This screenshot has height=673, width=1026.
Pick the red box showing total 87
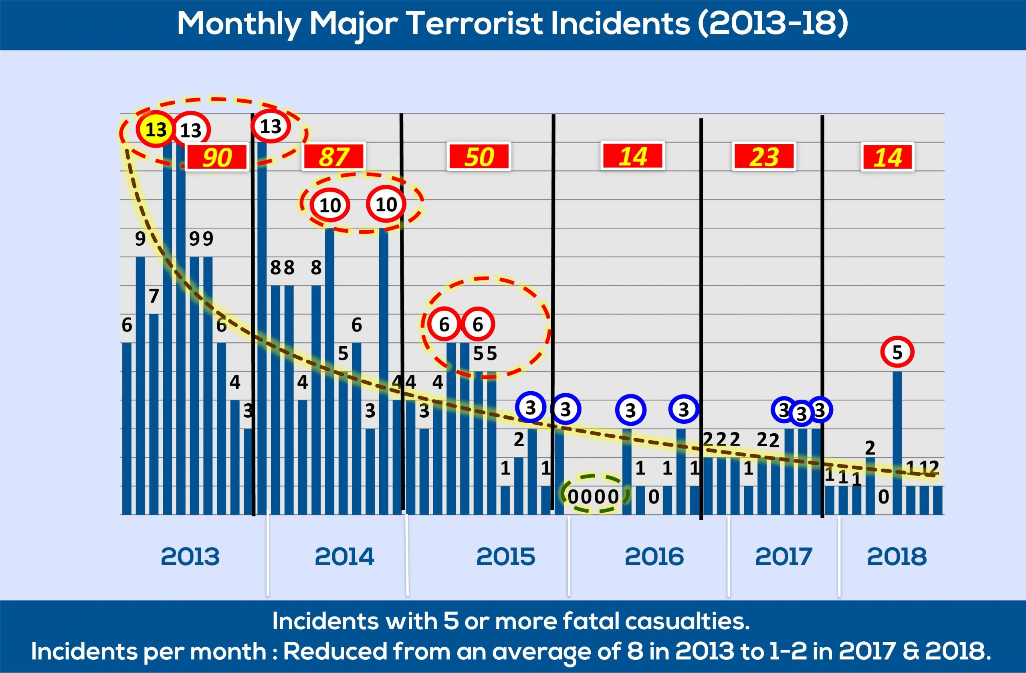(334, 156)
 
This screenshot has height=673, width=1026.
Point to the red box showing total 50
(479, 156)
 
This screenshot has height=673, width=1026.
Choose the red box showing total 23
(764, 156)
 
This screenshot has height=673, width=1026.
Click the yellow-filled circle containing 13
(156, 129)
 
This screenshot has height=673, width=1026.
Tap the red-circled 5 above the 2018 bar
(897, 352)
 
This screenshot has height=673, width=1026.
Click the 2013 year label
(190, 557)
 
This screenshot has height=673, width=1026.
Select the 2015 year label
(506, 557)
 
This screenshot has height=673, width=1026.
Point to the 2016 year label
(654, 557)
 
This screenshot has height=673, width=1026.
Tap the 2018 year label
(897, 557)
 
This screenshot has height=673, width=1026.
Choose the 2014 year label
(344, 557)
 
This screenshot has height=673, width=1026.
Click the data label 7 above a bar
(154, 296)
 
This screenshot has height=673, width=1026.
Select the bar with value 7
(154, 414)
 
